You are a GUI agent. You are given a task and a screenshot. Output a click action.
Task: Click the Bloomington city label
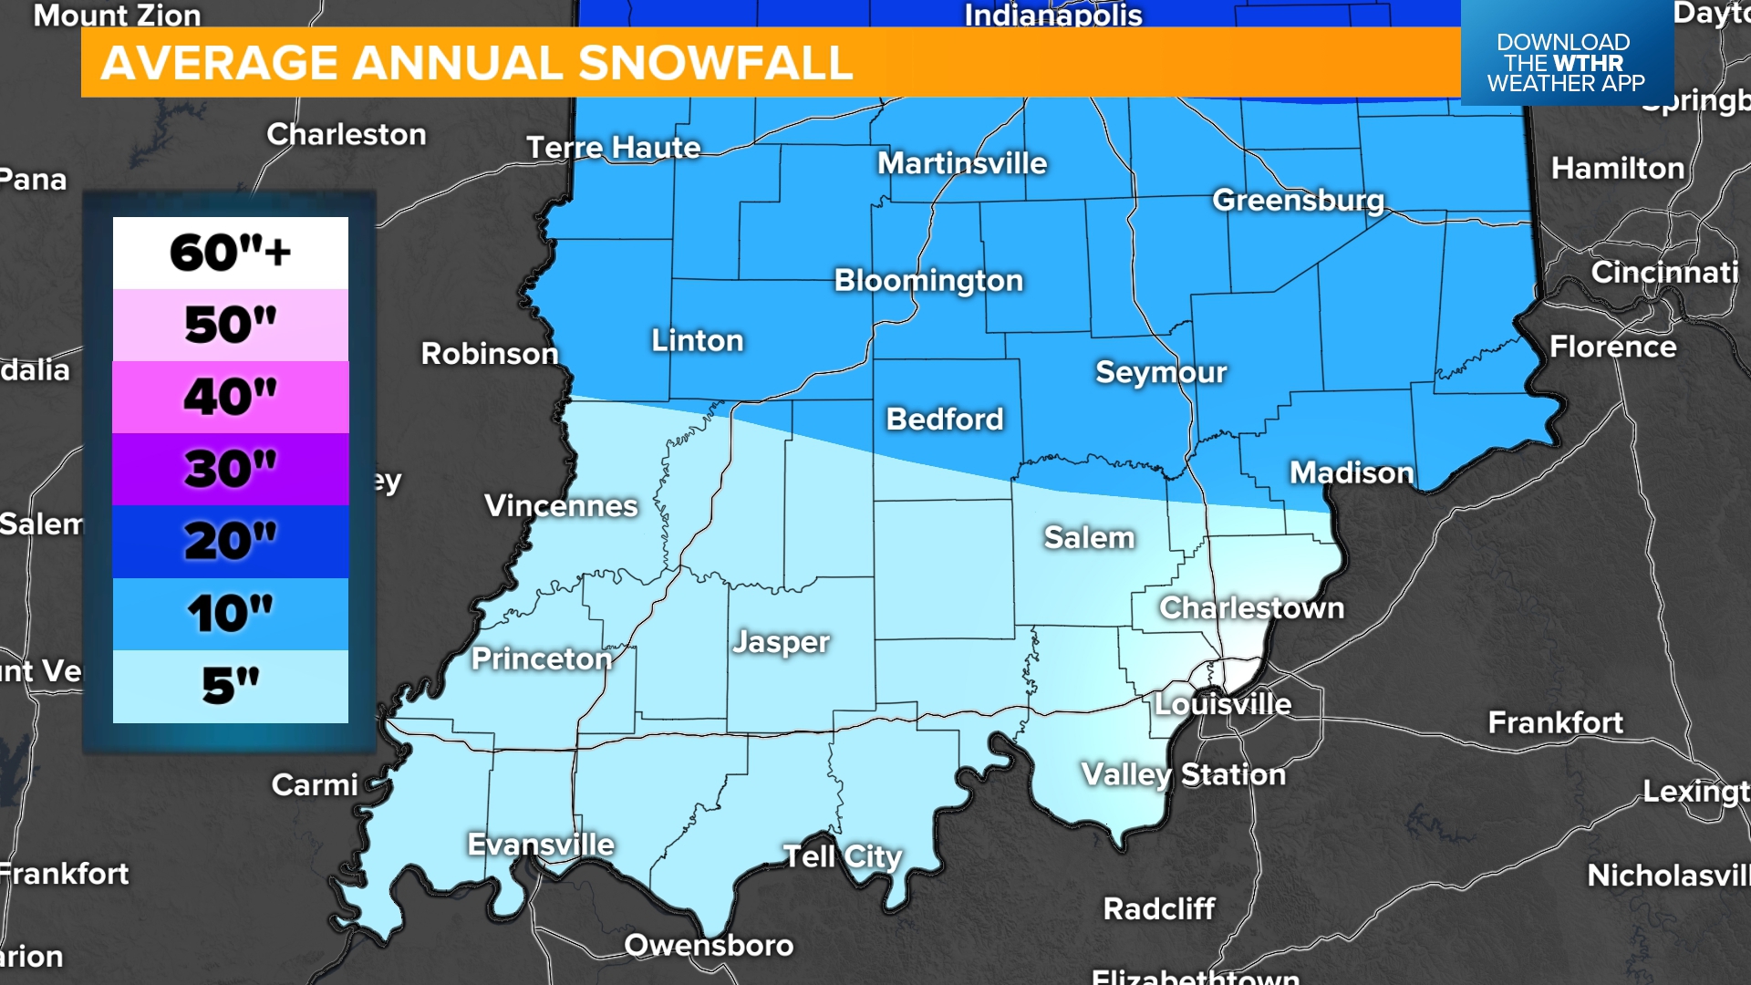[x=928, y=280]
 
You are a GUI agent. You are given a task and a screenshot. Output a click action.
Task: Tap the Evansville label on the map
[x=541, y=845]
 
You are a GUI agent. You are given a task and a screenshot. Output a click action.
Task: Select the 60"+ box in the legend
[x=230, y=253]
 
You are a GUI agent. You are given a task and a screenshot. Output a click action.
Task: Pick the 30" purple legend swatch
[x=230, y=469]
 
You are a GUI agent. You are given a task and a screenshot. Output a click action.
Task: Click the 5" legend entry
[x=230, y=686]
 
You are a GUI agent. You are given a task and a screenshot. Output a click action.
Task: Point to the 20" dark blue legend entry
[x=230, y=541]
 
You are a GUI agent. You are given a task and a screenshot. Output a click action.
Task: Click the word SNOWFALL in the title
[x=715, y=63]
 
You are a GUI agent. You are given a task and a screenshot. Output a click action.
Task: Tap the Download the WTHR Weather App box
[x=1566, y=62]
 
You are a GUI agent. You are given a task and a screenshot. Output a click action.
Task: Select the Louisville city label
[x=1223, y=704]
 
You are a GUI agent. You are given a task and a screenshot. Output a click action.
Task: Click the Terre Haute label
[x=614, y=148]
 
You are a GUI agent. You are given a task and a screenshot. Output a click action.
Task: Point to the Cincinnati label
[x=1664, y=272]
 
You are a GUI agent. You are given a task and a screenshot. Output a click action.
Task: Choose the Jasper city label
[x=782, y=642]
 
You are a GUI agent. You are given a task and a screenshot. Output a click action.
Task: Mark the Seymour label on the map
[x=1161, y=372]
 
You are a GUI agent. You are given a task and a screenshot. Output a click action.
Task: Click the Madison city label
[x=1352, y=472]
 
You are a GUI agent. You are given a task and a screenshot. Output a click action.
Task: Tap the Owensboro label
[x=709, y=945]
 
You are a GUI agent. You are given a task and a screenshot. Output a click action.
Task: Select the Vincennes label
[x=561, y=505]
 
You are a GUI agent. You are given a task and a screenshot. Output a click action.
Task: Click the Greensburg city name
[x=1298, y=200]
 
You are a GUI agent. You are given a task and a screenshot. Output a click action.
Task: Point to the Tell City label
[x=843, y=856]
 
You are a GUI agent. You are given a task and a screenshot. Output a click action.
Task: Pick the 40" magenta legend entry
[x=230, y=397]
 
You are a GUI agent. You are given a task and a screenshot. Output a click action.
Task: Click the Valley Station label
[x=1183, y=774]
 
